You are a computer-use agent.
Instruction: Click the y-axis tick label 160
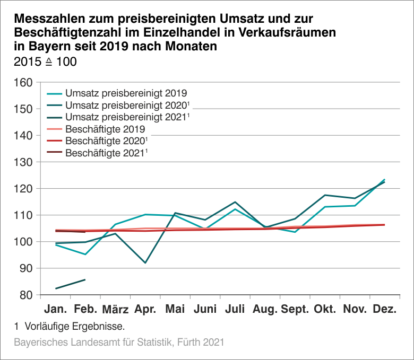[x=24, y=83]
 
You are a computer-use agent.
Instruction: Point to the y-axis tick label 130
[x=24, y=162]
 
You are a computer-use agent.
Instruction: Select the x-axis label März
[x=115, y=310]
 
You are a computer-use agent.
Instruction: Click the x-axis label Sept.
[x=295, y=309]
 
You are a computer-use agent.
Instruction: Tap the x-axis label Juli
[x=235, y=309]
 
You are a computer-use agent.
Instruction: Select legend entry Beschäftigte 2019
[x=105, y=129]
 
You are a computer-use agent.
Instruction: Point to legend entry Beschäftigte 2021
[x=106, y=154]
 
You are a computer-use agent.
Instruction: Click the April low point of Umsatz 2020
[x=145, y=263]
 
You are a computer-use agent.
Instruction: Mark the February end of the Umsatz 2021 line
[x=85, y=279]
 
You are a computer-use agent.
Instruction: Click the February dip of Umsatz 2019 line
[x=85, y=254]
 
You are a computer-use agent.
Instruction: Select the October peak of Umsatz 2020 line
[x=324, y=195]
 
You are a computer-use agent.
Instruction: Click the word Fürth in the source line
[x=189, y=343]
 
